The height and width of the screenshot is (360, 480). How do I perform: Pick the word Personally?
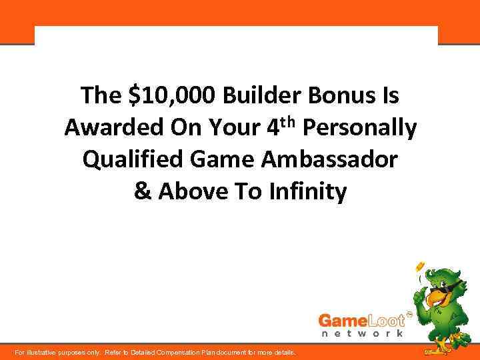coord(360,128)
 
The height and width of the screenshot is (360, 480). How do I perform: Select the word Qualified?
coord(131,160)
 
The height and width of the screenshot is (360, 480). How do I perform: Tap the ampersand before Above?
coord(141,192)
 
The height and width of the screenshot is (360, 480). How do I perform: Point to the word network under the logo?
coord(363,333)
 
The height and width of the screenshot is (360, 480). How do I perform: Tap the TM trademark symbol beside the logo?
coord(409,311)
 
